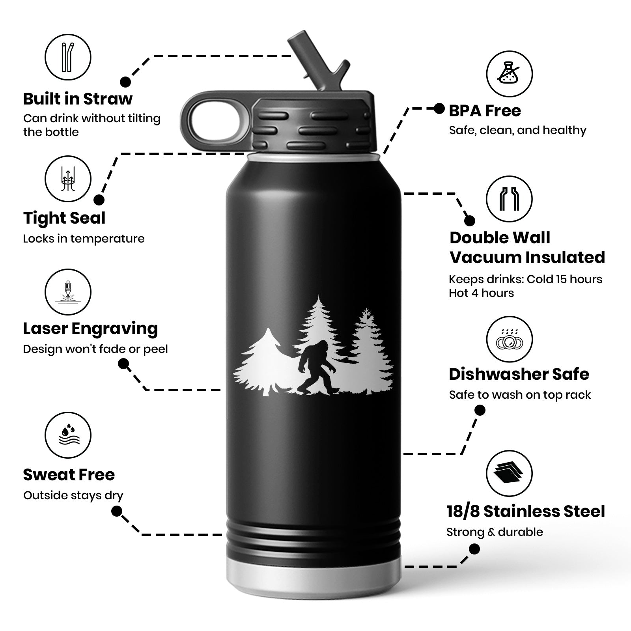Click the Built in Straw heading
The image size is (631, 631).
click(78, 99)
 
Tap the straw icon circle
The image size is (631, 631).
click(67, 57)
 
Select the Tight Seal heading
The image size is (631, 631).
click(64, 218)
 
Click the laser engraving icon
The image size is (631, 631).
click(67, 292)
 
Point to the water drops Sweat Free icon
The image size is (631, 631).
click(67, 435)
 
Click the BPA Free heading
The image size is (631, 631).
click(485, 111)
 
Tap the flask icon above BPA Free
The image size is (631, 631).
click(509, 73)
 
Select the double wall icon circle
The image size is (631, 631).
click(509, 199)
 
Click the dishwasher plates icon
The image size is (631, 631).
click(509, 339)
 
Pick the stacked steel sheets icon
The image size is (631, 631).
click(509, 473)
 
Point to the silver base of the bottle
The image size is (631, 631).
click(314, 576)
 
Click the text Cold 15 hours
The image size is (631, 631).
click(564, 279)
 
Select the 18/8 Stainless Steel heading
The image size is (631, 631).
click(525, 512)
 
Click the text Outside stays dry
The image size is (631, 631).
click(73, 495)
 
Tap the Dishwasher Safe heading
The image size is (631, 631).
click(519, 374)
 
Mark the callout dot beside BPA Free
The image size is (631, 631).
click(439, 108)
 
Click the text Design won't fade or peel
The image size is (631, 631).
click(95, 349)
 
